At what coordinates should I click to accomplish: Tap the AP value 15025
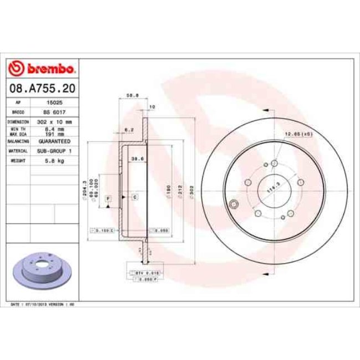click(55, 103)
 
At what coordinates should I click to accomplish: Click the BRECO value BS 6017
click(55, 112)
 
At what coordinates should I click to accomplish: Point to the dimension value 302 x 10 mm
click(55, 121)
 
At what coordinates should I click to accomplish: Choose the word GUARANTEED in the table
click(55, 141)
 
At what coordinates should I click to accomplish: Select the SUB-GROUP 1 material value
click(55, 151)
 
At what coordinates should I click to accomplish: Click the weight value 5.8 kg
click(55, 160)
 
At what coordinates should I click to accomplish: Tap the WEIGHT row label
click(18, 160)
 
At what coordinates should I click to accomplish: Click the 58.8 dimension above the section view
click(133, 95)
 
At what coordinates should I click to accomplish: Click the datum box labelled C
click(135, 197)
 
